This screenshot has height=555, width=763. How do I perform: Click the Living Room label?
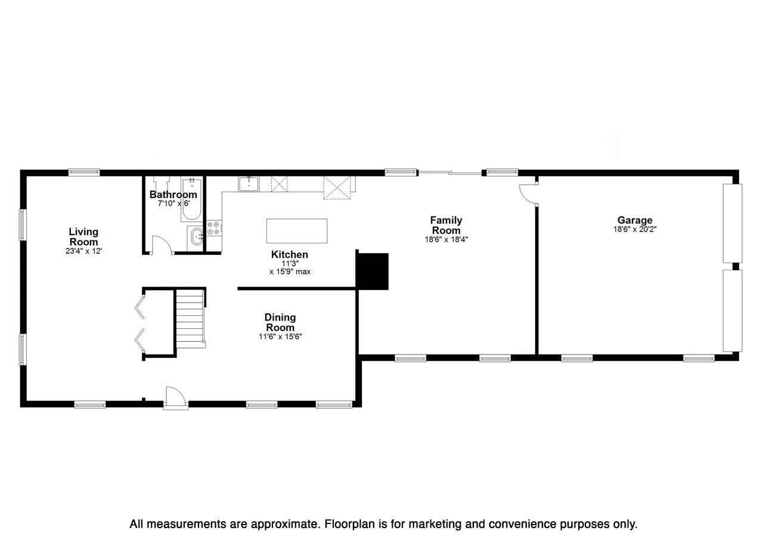point(83,236)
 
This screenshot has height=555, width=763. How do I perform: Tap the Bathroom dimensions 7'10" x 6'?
point(173,203)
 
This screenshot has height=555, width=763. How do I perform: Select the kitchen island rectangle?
point(297,230)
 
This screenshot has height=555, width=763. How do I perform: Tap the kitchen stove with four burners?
point(214,227)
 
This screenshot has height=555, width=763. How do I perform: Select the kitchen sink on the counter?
point(249,184)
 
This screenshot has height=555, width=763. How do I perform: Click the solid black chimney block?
point(373,271)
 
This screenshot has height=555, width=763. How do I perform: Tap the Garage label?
point(634,220)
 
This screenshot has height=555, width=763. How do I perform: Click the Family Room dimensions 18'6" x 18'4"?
point(446,240)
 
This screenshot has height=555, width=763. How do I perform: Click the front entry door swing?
point(175,396)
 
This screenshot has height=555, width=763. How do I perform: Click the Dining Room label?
point(280,322)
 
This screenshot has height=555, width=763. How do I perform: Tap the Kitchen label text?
point(290,255)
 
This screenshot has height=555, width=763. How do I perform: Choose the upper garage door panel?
point(732,223)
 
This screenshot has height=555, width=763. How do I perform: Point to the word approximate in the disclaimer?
point(280,525)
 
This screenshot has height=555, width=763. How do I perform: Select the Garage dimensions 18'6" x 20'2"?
point(634,229)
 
